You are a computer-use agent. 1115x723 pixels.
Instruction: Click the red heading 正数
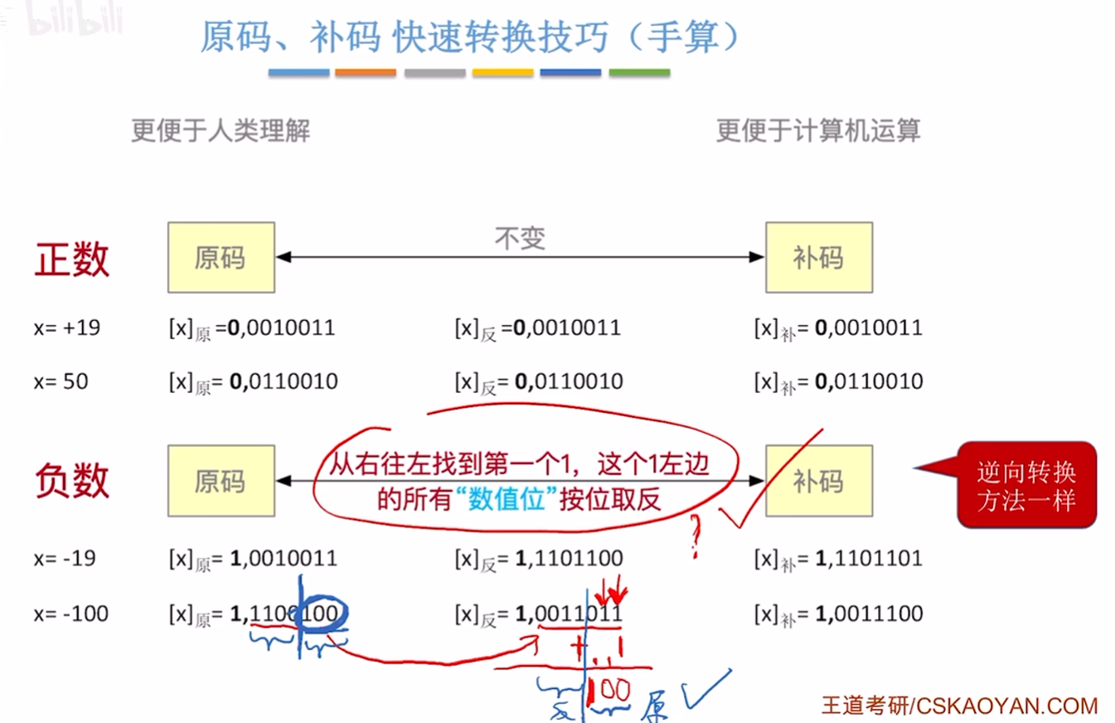[72, 259]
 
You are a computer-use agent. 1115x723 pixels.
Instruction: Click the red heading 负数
[72, 480]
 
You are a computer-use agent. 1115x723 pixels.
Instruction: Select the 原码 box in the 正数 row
[221, 257]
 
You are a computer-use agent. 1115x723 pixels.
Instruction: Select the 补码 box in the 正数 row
[818, 257]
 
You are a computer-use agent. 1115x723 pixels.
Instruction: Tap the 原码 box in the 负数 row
[221, 480]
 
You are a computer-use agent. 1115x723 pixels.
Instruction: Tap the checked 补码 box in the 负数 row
[818, 480]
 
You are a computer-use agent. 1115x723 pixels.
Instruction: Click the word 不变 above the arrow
[520, 239]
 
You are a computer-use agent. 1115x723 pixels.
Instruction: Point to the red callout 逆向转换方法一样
[1026, 485]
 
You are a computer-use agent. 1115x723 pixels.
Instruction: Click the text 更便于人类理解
[221, 131]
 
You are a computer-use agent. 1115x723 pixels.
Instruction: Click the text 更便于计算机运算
[818, 131]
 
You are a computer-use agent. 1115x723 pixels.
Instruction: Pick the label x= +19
[67, 328]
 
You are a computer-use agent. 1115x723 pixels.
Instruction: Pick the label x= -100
[71, 614]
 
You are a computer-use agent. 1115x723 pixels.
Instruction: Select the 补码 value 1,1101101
[869, 558]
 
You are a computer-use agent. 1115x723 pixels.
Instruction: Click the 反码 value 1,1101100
[569, 558]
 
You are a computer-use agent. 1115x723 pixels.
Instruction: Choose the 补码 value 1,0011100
[869, 614]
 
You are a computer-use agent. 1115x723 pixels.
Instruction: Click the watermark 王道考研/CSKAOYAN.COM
[959, 706]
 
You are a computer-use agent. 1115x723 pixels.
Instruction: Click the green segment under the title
[639, 73]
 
